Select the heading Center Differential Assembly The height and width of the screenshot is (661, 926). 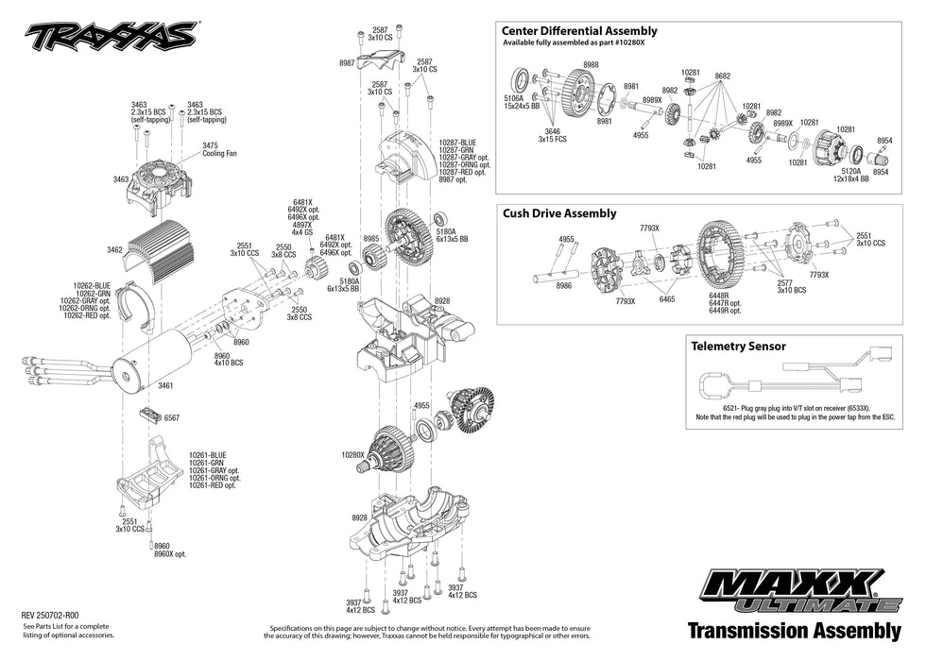pyautogui.click(x=579, y=31)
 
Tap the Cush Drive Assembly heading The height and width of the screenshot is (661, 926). pyautogui.click(x=559, y=213)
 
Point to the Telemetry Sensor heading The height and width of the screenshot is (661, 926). pyautogui.click(x=738, y=347)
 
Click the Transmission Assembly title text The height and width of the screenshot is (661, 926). pyautogui.click(x=794, y=630)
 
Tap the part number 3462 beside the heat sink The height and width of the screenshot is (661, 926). pyautogui.click(x=114, y=250)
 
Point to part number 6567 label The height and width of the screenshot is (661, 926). pyautogui.click(x=172, y=416)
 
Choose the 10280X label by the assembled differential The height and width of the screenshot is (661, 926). pyautogui.click(x=352, y=454)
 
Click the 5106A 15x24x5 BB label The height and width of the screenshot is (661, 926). pyautogui.click(x=521, y=101)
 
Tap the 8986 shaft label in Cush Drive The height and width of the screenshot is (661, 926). pyautogui.click(x=564, y=285)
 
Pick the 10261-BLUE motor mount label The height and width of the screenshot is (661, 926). pyautogui.click(x=208, y=454)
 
